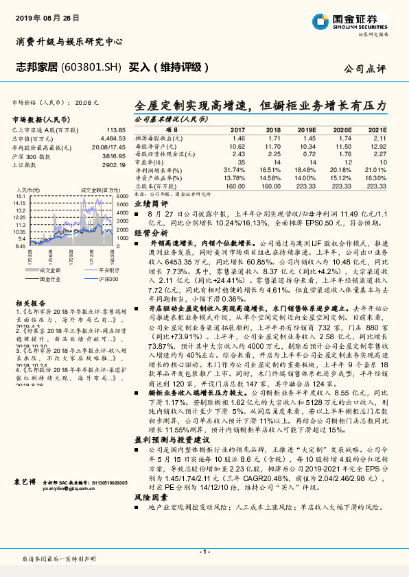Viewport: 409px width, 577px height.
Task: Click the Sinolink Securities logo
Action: [354, 21]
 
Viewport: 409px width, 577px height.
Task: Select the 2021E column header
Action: [377, 129]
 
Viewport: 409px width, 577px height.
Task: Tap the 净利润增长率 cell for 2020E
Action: [341, 170]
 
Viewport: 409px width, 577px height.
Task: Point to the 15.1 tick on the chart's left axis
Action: [21, 196]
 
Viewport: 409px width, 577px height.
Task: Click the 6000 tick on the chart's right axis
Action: [121, 196]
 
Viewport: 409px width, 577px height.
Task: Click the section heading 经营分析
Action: [150, 233]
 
